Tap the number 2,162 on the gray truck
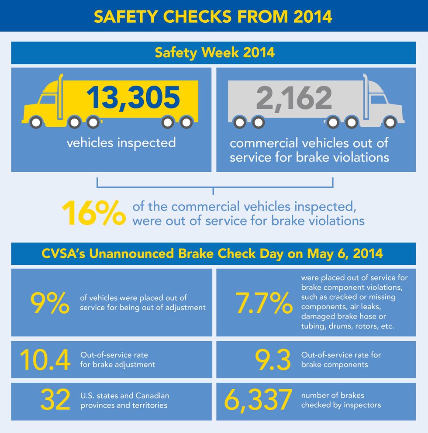pyautogui.click(x=294, y=98)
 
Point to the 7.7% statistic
pyautogui.click(x=264, y=302)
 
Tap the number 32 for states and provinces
pyautogui.click(x=55, y=400)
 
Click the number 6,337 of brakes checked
pyautogui.click(x=258, y=400)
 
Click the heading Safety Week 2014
pyautogui.click(x=214, y=52)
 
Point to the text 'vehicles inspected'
pyautogui.click(x=121, y=142)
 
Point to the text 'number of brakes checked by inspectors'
pyautogui.click(x=341, y=400)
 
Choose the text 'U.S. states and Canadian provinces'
pyautogui.click(x=124, y=400)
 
